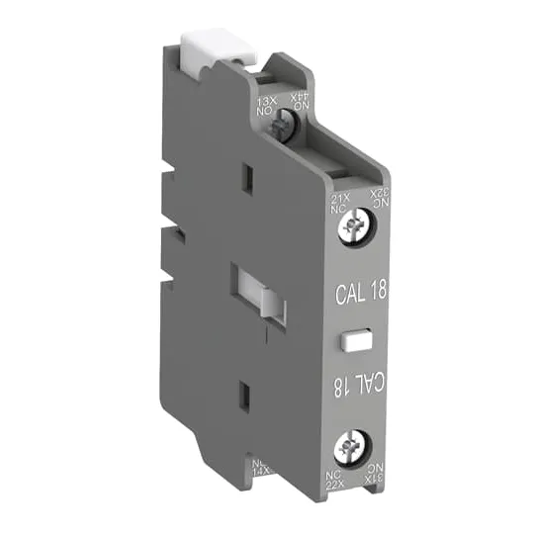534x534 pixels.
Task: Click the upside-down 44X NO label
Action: tap(298, 99)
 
